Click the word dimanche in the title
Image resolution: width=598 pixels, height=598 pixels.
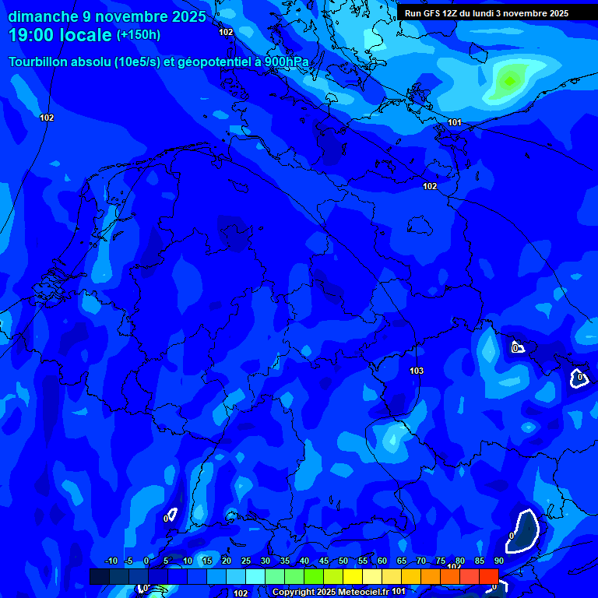point(37,16)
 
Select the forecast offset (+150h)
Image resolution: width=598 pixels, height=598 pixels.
point(139,35)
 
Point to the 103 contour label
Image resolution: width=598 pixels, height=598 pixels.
point(417,371)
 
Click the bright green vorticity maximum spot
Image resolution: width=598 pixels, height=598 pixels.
point(509,80)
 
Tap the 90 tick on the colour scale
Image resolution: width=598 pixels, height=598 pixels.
point(498,561)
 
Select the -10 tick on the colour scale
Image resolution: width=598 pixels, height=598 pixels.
point(111,561)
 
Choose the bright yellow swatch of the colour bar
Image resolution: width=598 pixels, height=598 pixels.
point(352,576)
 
